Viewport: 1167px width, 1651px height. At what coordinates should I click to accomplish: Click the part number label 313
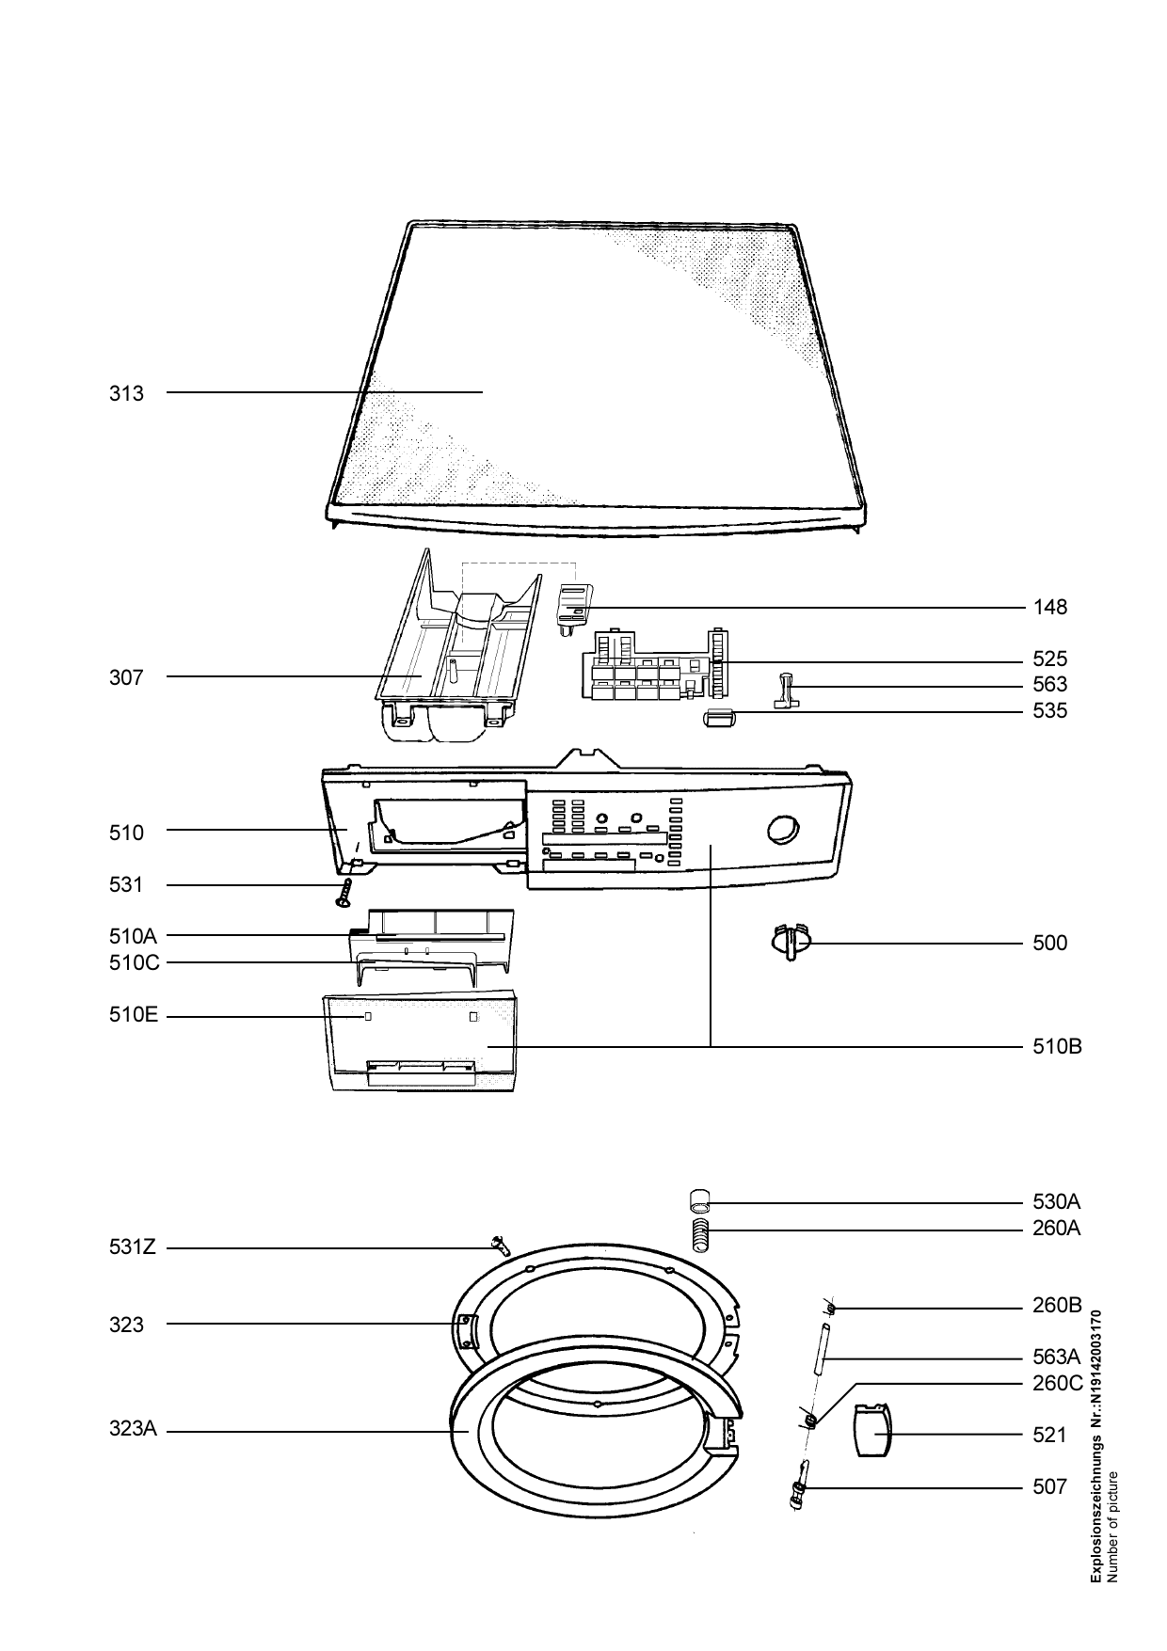(x=126, y=393)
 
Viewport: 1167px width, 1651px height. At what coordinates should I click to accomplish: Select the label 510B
(x=1056, y=1046)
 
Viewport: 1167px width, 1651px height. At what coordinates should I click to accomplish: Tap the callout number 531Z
(x=133, y=1248)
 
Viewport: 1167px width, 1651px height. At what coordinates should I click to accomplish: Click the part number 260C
(x=1057, y=1384)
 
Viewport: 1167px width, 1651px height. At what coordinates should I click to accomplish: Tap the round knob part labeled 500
(x=789, y=942)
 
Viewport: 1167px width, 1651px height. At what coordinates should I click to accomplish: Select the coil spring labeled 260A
(x=700, y=1235)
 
